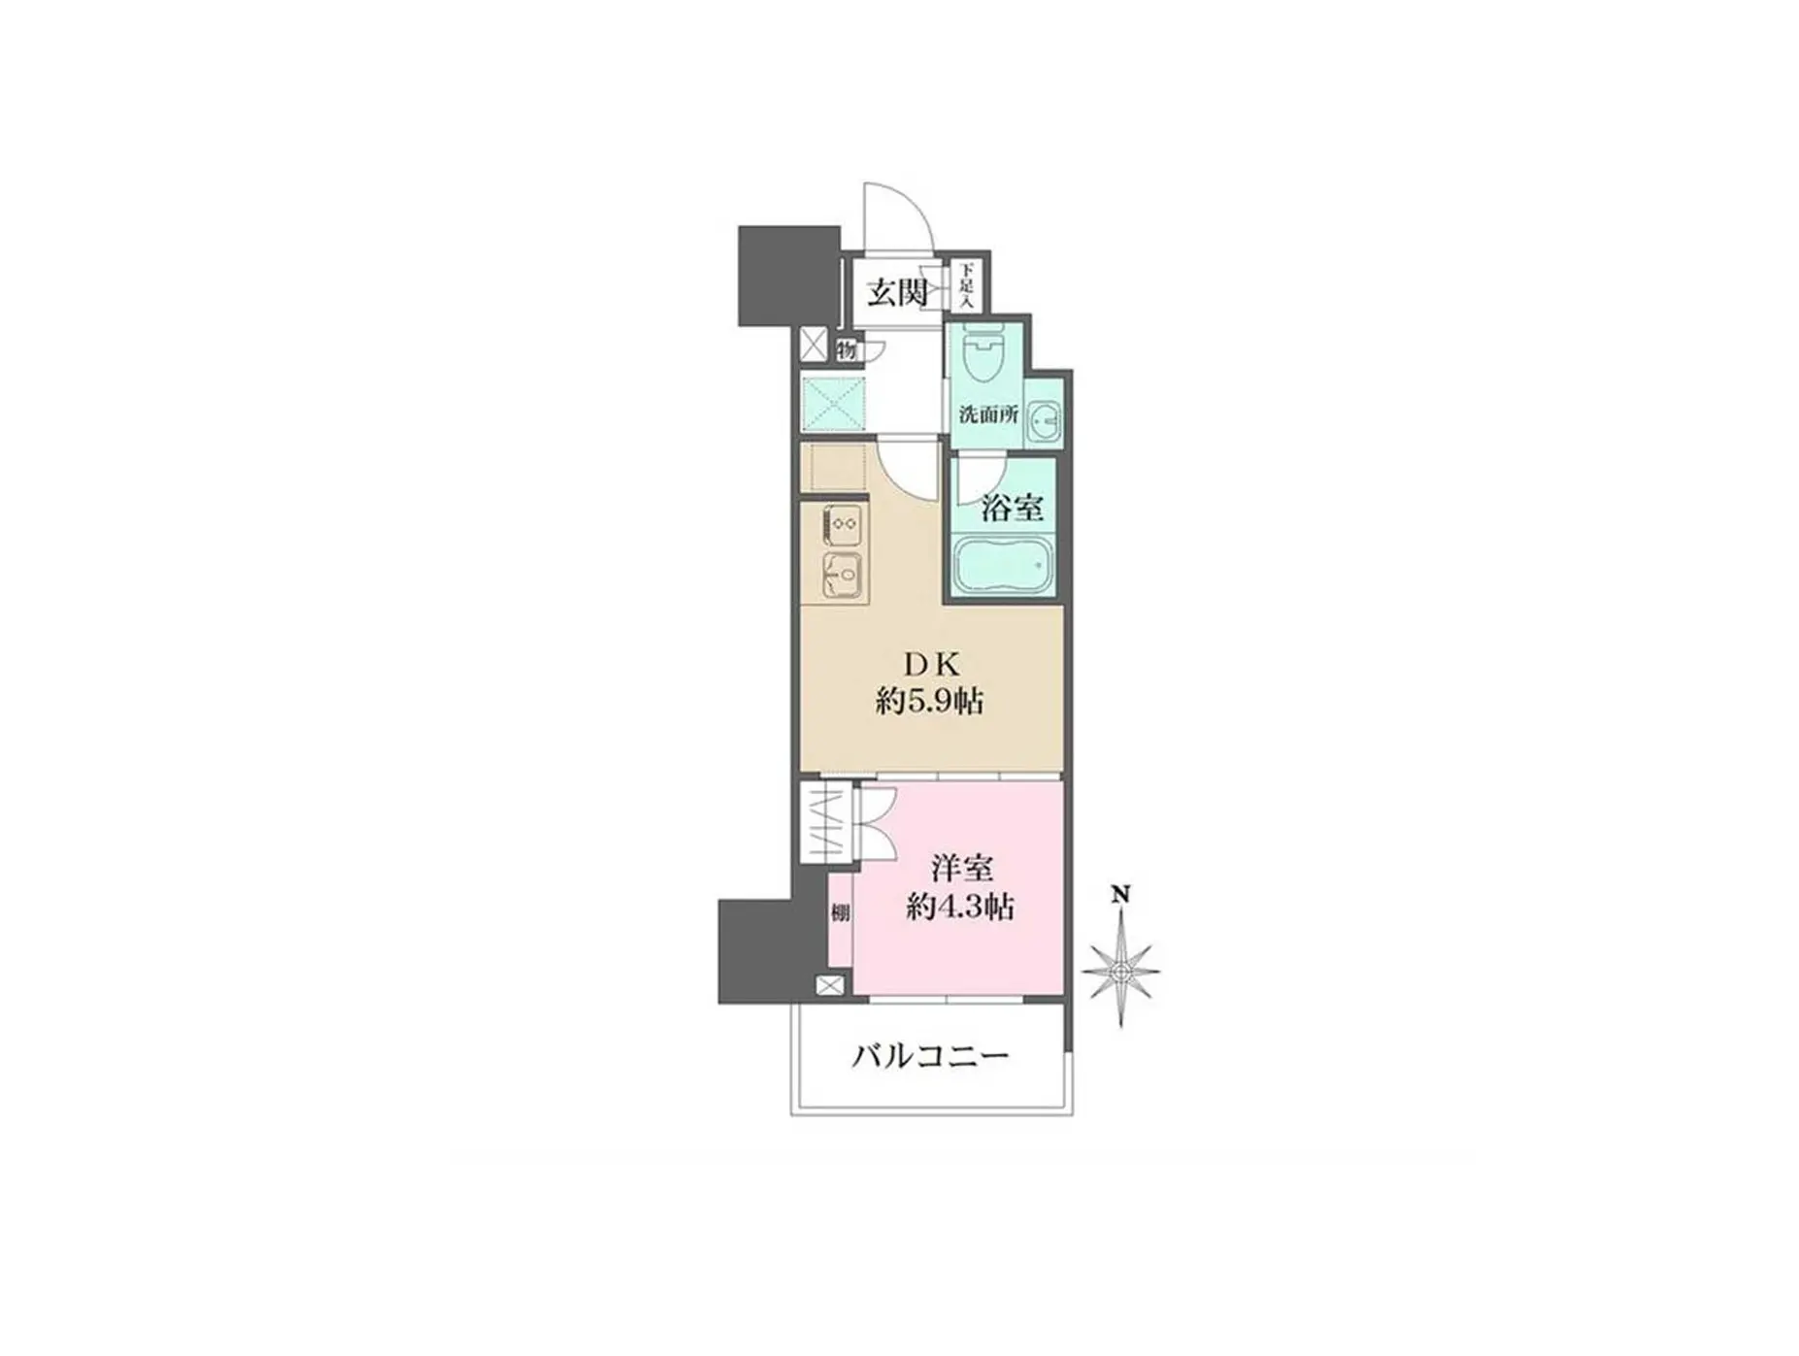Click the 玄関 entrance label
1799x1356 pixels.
pos(896,291)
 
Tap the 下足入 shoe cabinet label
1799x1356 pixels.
pos(966,285)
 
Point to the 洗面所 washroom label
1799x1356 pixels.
pos(987,413)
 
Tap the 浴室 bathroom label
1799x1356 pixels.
pos(1012,507)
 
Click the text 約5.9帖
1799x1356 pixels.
pos(929,701)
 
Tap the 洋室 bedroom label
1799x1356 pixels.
pos(962,867)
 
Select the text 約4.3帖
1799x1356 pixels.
pos(960,908)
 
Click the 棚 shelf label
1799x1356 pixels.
pos(840,912)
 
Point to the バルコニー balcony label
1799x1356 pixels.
pos(930,1056)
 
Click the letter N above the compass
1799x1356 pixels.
pos(1120,894)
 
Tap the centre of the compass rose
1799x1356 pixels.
pos(1120,970)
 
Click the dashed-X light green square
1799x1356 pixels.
pos(833,404)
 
